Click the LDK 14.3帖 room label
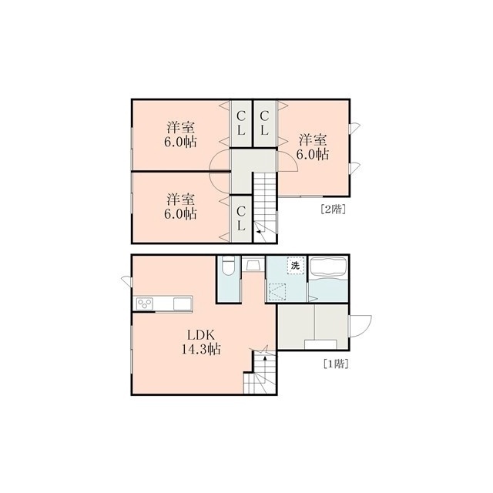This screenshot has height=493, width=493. coord(201,342)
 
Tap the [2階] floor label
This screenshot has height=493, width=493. coord(333,209)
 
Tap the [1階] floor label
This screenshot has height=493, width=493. coord(336,364)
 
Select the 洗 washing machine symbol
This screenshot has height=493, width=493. coord(296,266)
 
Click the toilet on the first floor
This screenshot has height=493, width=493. coord(228,265)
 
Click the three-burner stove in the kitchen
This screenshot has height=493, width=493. coord(144,304)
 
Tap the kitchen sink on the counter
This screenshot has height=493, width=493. coord(183,304)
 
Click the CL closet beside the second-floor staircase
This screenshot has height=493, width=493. coord(241,218)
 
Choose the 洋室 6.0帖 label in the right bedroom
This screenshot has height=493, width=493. coord(313,147)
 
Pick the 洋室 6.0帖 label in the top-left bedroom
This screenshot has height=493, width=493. coord(180,135)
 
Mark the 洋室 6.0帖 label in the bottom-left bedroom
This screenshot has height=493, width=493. coord(180,206)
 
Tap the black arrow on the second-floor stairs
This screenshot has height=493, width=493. coord(259,232)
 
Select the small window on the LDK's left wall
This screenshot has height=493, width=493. coord(127,280)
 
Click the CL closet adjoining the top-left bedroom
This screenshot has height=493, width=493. coord(241,123)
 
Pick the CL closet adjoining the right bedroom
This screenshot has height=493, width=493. coord(265,123)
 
